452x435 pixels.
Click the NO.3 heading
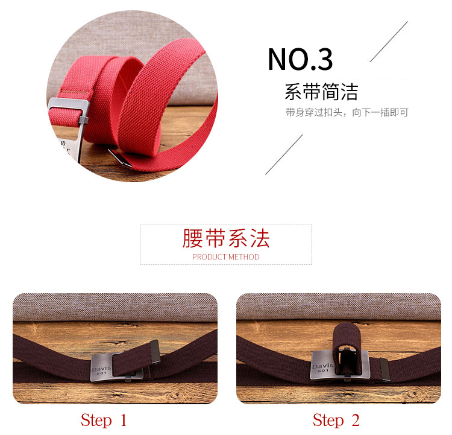pyautogui.click(x=300, y=59)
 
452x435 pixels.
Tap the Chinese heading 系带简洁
pyautogui.click(x=321, y=92)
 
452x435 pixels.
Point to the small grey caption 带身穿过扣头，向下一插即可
pyautogui.click(x=347, y=112)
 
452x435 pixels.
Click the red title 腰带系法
pyautogui.click(x=226, y=238)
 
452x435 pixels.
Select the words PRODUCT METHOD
pyautogui.click(x=226, y=257)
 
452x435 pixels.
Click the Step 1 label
pyautogui.click(x=104, y=421)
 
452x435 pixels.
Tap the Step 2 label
pyautogui.click(x=336, y=421)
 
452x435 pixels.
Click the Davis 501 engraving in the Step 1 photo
pyautogui.click(x=101, y=370)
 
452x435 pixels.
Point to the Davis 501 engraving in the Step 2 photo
pyautogui.click(x=323, y=367)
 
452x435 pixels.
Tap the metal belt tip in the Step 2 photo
pyautogui.click(x=385, y=370)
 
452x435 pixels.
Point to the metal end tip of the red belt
pyautogui.click(x=120, y=158)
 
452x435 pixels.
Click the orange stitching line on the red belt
pyautogui.click(x=74, y=92)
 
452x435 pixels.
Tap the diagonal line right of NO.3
pyautogui.click(x=389, y=42)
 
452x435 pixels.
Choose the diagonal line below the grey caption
pyautogui.click(x=284, y=154)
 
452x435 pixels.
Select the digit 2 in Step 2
pyautogui.click(x=356, y=420)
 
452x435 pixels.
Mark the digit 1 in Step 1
pyautogui.click(x=124, y=420)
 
